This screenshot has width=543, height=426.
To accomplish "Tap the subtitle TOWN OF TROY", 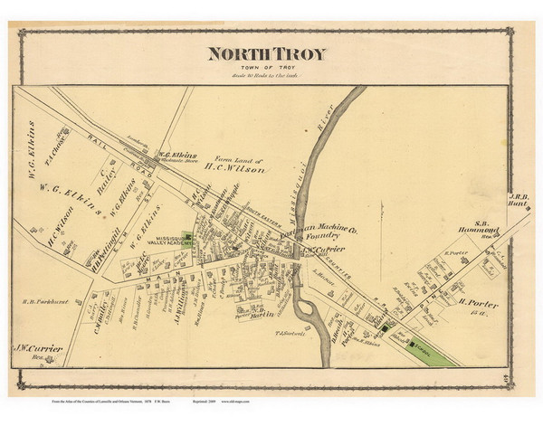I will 266,68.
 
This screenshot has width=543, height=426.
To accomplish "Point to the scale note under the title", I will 266,76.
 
